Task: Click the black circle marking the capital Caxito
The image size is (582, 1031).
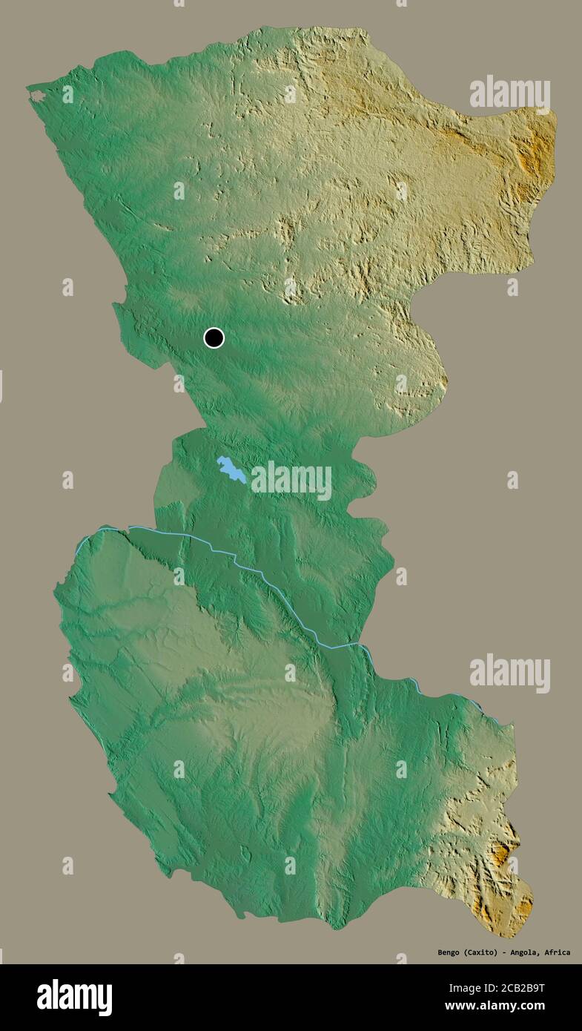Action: (x=214, y=338)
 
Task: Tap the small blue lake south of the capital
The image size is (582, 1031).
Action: (x=231, y=470)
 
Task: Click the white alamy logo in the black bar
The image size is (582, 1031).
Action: (x=74, y=998)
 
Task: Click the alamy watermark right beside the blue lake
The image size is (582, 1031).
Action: (x=291, y=481)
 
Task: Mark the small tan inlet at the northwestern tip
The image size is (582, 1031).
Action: (x=37, y=96)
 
